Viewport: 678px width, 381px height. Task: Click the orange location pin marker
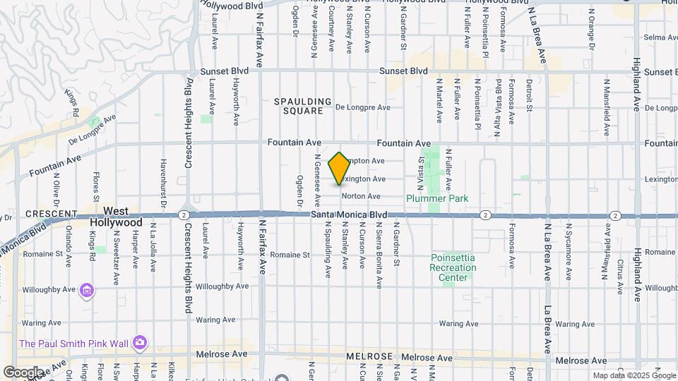pyautogui.click(x=340, y=169)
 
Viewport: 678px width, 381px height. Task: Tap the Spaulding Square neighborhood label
pyautogui.click(x=303, y=106)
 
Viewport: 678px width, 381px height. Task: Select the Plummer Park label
pyautogui.click(x=437, y=198)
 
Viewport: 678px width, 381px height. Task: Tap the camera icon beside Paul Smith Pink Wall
pyautogui.click(x=140, y=343)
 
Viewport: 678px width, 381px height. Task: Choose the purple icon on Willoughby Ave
pyautogui.click(x=87, y=290)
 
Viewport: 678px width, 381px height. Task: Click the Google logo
pyautogui.click(x=23, y=372)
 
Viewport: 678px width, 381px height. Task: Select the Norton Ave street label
pyautogui.click(x=361, y=196)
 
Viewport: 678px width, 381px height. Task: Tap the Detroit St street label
pyautogui.click(x=529, y=96)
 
